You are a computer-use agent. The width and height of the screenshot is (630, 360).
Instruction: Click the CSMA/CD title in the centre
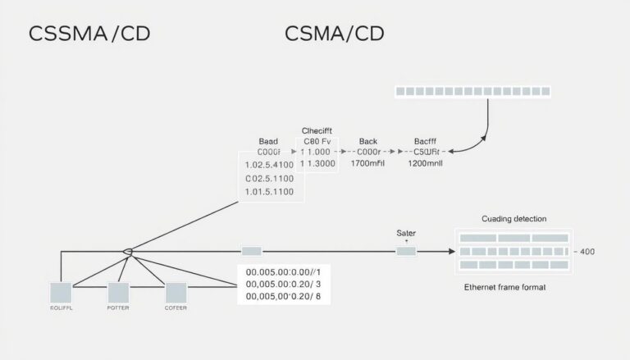tap(334, 34)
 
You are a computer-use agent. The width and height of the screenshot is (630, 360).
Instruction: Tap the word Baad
tap(268, 140)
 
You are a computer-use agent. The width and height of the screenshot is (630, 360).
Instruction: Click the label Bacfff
tap(426, 140)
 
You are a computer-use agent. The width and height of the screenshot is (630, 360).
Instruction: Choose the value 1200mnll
tap(426, 163)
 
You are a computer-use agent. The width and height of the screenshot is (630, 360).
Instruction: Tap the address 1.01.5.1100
tap(271, 192)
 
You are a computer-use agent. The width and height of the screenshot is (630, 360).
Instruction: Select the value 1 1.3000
tap(318, 163)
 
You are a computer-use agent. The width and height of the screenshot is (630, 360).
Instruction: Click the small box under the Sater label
tap(406, 250)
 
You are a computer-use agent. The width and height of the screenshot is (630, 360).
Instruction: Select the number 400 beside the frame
tap(587, 252)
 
